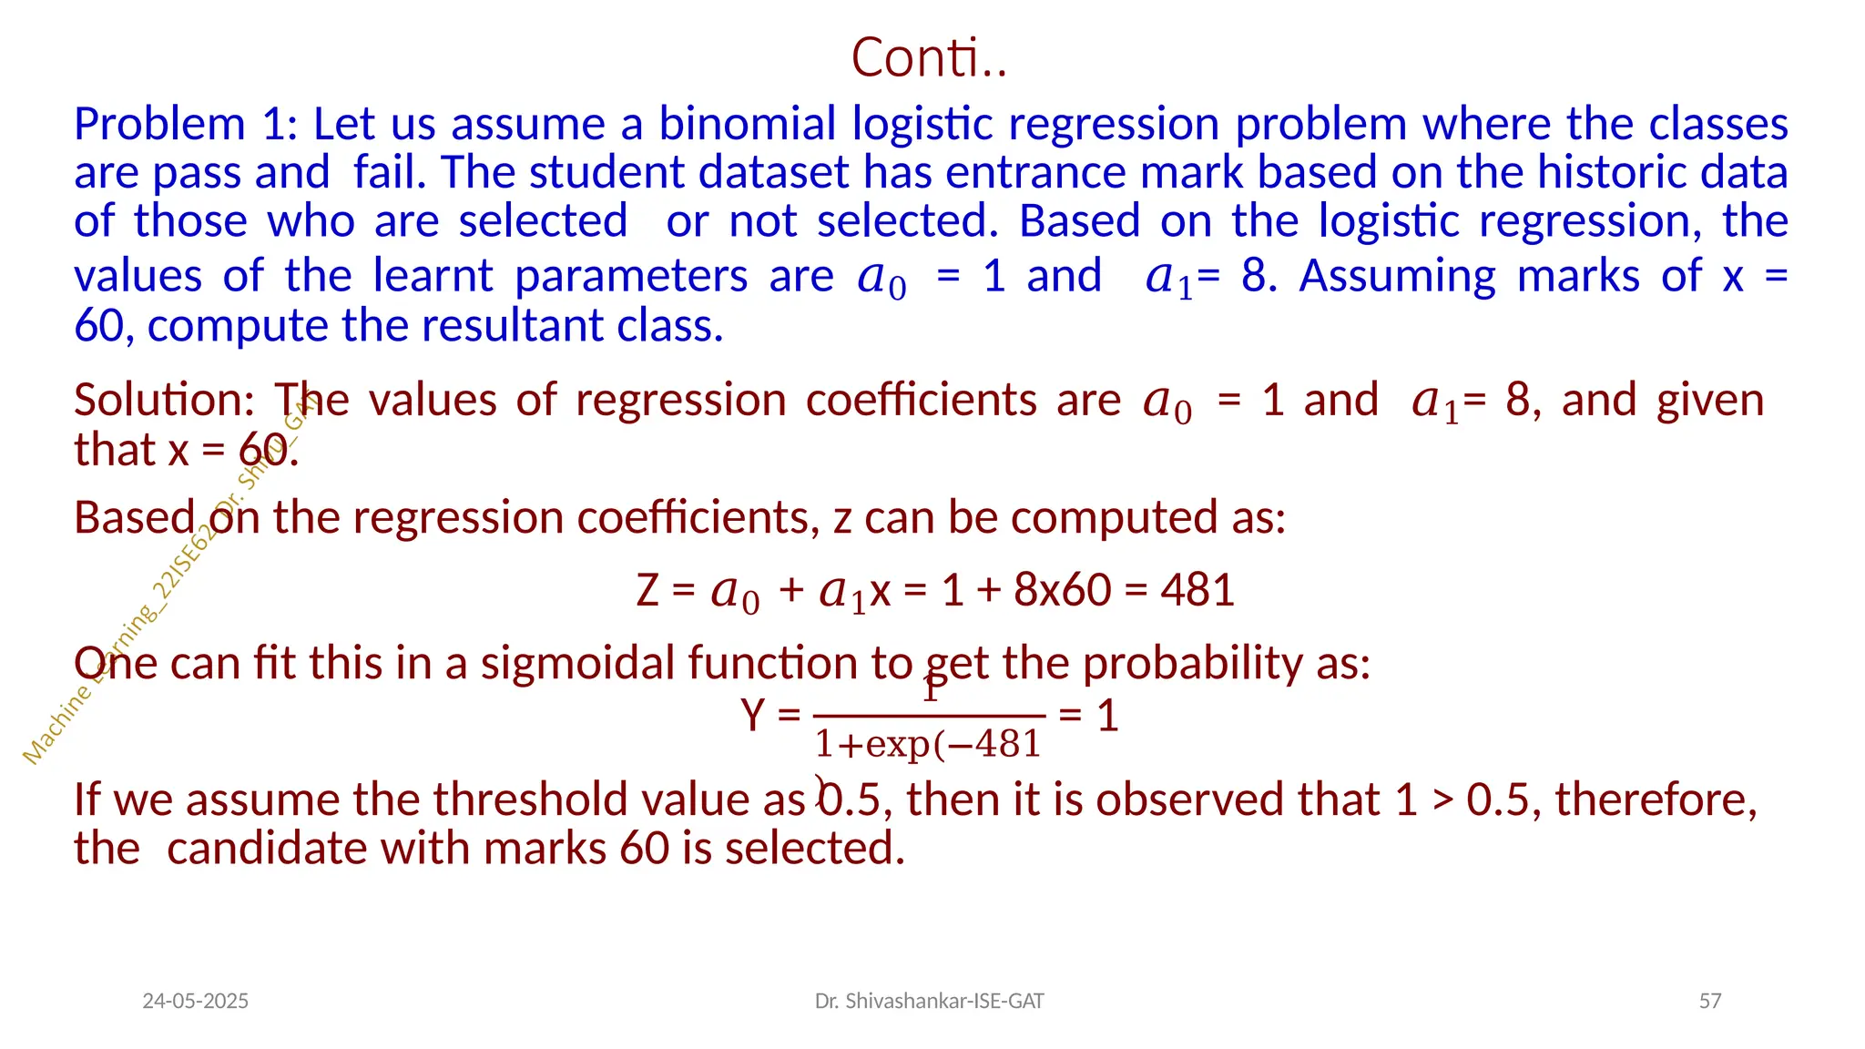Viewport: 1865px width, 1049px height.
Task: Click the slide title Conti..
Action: tap(928, 57)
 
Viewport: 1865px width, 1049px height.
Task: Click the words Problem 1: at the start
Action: tap(186, 124)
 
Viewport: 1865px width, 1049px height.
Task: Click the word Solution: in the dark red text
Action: tap(164, 401)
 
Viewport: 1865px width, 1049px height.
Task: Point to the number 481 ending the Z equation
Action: tap(1197, 590)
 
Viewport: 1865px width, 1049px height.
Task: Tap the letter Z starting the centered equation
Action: tap(647, 590)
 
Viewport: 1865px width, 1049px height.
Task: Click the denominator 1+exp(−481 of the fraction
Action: tap(927, 745)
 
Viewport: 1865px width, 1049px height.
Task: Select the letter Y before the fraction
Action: tap(753, 716)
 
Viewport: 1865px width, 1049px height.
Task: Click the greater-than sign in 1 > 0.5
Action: tap(1442, 801)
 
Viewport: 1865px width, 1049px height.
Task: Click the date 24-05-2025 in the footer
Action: tap(195, 1002)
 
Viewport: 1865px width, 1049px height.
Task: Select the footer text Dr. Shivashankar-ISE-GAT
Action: tap(929, 1002)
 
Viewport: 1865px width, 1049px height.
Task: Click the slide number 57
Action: tap(1709, 1002)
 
